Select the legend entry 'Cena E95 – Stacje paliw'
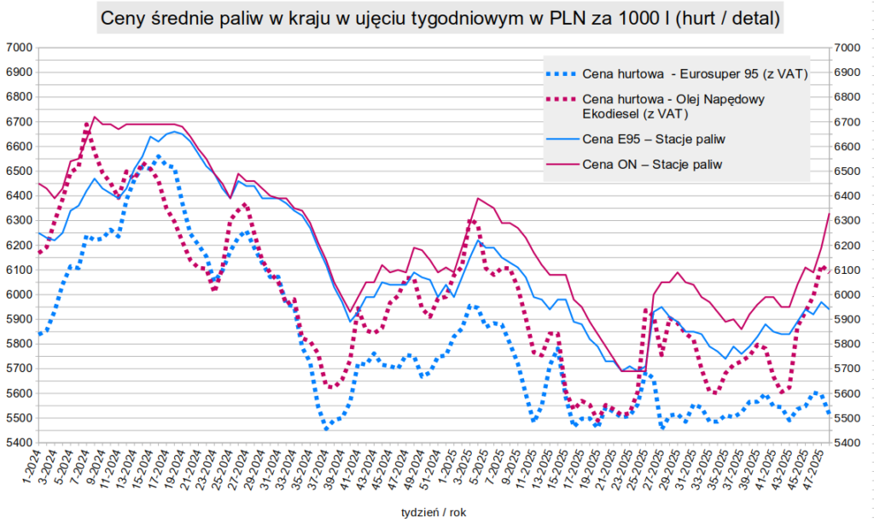tap(654, 139)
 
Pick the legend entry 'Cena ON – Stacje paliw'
tap(652, 165)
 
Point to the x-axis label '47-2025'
tap(817, 468)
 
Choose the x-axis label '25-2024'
tap(221, 468)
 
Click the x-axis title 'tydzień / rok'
tap(433, 510)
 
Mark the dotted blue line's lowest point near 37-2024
tap(326, 428)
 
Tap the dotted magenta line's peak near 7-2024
tap(88, 124)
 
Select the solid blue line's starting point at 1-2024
tap(39, 233)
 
